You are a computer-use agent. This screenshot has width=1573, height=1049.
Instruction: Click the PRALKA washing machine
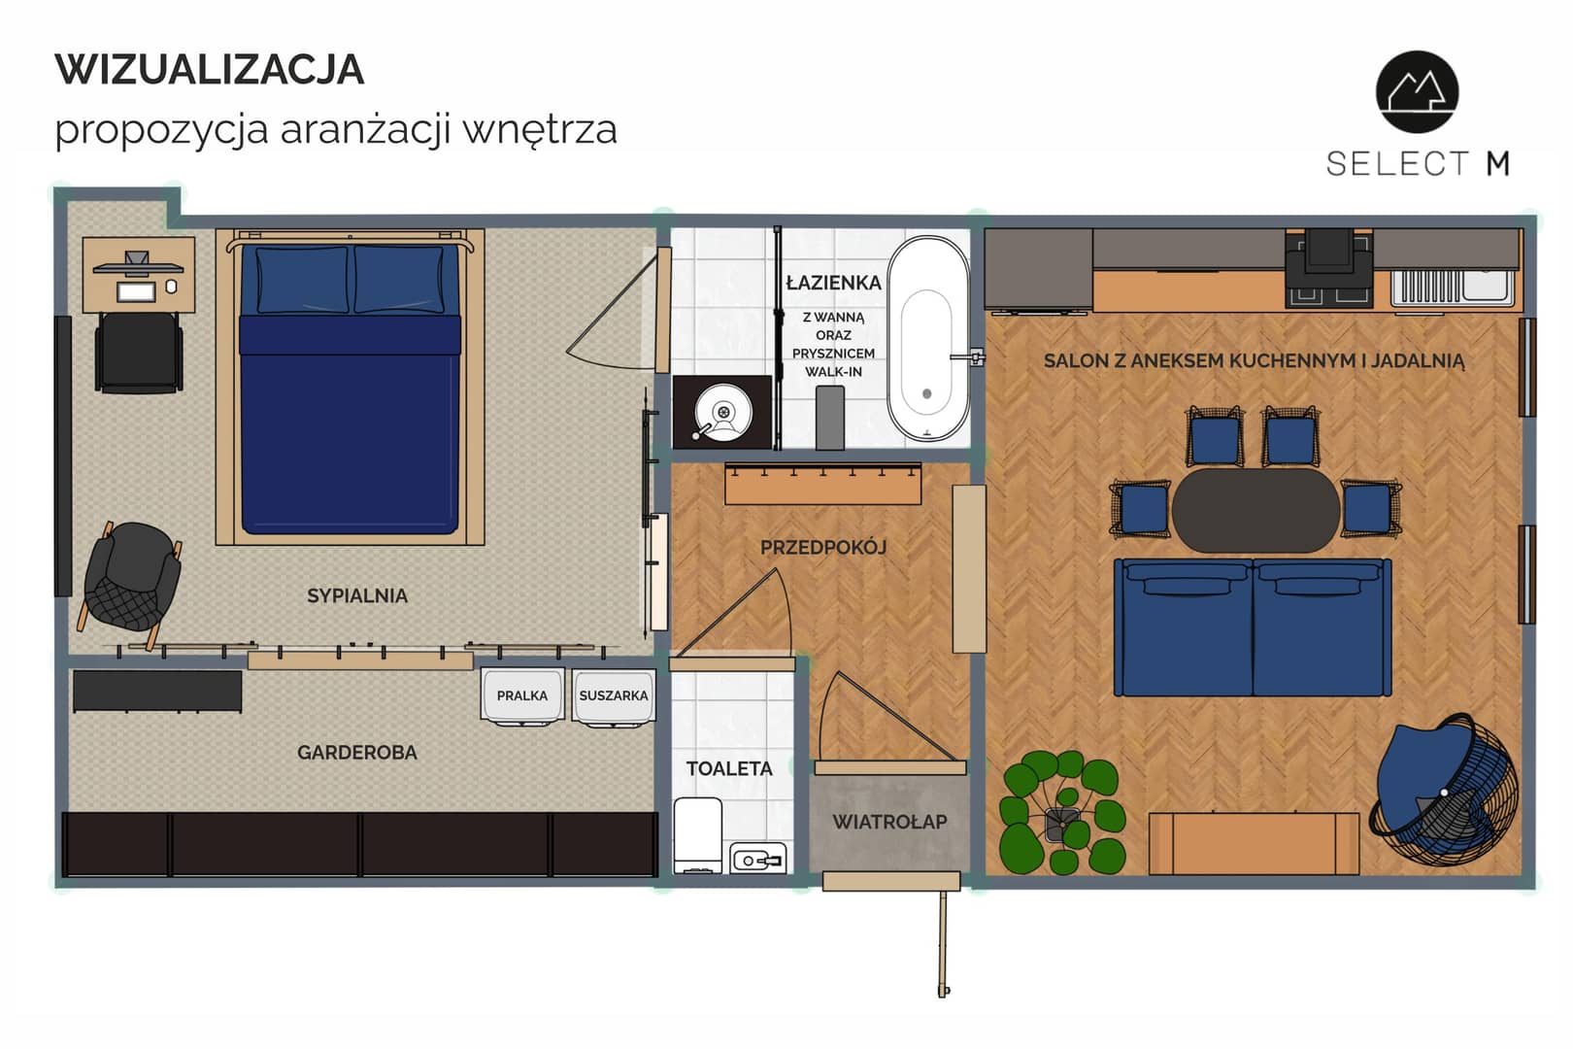(x=522, y=695)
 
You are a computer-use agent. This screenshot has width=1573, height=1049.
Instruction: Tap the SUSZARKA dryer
(x=614, y=695)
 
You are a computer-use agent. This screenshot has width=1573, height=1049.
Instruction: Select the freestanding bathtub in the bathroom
(x=927, y=339)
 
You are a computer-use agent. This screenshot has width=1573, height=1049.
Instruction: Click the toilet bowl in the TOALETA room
(x=698, y=835)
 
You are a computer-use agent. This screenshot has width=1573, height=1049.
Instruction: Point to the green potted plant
(x=1062, y=812)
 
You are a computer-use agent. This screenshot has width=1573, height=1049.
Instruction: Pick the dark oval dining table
(x=1255, y=510)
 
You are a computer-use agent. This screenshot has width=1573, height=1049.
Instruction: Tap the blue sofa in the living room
(x=1253, y=627)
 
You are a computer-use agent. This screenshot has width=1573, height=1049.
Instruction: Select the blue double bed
(x=350, y=388)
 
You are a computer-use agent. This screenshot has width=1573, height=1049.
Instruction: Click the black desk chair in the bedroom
(x=139, y=352)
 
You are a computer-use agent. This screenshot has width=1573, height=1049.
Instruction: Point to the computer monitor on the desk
(x=138, y=264)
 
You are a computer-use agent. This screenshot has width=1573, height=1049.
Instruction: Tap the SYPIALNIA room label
(x=356, y=595)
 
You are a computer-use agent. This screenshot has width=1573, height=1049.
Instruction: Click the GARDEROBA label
(x=356, y=753)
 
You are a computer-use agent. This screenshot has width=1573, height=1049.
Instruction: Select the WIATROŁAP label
(x=889, y=822)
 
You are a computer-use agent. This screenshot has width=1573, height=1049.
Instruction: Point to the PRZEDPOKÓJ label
(x=823, y=547)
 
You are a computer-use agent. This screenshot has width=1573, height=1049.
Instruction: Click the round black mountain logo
(x=1417, y=91)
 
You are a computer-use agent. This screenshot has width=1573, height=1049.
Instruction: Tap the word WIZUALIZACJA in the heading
(x=210, y=70)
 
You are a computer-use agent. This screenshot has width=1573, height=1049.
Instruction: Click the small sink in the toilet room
(x=758, y=859)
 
